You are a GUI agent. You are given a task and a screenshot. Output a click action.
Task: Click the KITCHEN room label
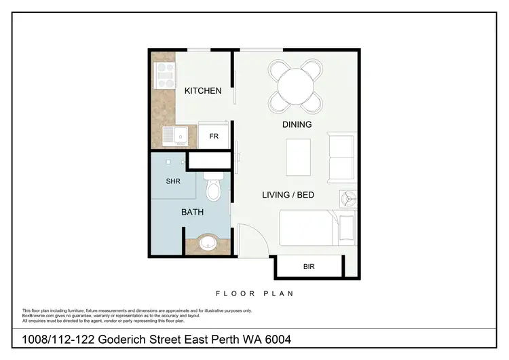click(x=203, y=90)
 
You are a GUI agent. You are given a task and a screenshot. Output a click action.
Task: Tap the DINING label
click(x=297, y=124)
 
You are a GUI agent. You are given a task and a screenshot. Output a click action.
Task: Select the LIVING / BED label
click(x=288, y=195)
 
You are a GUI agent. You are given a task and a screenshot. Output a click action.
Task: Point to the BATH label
click(x=192, y=213)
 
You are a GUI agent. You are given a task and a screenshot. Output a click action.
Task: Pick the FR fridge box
click(x=214, y=136)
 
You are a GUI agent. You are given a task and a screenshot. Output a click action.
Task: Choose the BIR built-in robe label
click(x=309, y=266)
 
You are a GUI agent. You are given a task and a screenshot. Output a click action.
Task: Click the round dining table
click(x=295, y=86)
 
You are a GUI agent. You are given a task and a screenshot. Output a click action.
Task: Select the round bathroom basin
click(x=208, y=242)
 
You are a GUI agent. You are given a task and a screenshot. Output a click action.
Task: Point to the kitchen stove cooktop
click(x=164, y=75)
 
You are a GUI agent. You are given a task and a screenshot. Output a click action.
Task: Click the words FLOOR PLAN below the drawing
click(x=254, y=294)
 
